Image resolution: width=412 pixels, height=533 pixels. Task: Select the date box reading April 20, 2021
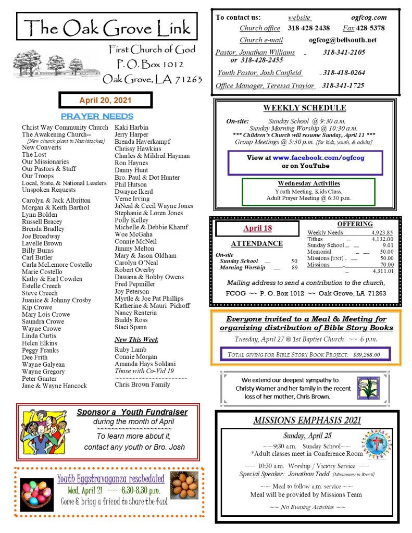pyautogui.click(x=105, y=100)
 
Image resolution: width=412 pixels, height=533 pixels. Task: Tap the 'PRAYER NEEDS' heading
pyautogui.click(x=97, y=116)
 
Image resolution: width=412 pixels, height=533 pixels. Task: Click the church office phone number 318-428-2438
pyautogui.click(x=309, y=28)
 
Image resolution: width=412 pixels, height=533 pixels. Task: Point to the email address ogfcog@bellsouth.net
pyautogui.click(x=342, y=40)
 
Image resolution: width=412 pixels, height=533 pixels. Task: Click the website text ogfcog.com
pyautogui.click(x=369, y=17)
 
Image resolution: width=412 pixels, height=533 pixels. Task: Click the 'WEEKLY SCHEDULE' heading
pyautogui.click(x=304, y=108)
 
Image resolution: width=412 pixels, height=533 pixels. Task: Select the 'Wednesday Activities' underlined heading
pyautogui.click(x=308, y=183)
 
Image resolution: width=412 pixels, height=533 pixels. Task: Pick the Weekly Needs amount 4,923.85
pyautogui.click(x=382, y=232)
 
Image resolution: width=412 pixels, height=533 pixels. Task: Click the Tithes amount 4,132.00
pyautogui.click(x=382, y=239)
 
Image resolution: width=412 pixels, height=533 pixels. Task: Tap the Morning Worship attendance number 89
pyautogui.click(x=294, y=268)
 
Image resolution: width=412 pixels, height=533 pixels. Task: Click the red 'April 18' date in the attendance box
pyautogui.click(x=257, y=228)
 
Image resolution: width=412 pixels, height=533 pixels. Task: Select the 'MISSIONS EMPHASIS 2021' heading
pyautogui.click(x=307, y=420)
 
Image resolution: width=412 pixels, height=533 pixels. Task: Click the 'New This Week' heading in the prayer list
pyautogui.click(x=136, y=340)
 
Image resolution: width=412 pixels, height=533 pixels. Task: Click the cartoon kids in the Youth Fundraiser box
pyautogui.click(x=44, y=431)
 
